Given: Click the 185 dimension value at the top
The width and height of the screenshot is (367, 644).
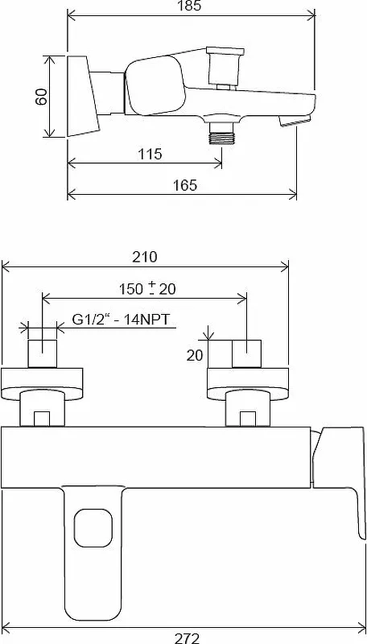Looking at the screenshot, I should (191, 6).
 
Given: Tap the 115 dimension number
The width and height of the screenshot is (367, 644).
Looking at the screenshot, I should (150, 154).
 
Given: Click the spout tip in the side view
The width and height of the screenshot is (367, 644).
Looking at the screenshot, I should (293, 120).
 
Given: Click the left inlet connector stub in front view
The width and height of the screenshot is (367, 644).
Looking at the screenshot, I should (43, 353).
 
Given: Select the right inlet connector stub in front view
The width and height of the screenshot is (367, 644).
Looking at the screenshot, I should (247, 353).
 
